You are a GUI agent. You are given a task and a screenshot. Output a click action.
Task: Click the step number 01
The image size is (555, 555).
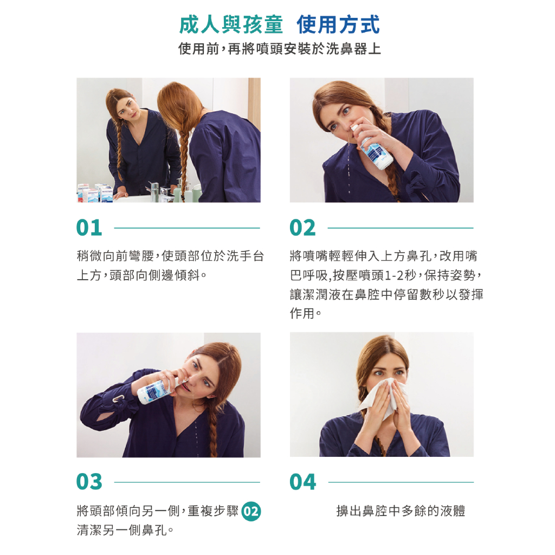(x=89, y=228)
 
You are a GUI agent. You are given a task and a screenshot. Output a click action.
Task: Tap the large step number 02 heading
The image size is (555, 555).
(x=302, y=228)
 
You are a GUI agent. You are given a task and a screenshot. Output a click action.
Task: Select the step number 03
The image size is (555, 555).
(x=89, y=482)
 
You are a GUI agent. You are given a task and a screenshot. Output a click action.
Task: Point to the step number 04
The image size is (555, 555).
(x=302, y=482)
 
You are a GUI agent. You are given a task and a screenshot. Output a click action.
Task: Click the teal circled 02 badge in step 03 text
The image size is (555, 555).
(x=251, y=512)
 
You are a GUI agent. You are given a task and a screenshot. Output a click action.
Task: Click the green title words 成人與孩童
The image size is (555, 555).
(x=231, y=25)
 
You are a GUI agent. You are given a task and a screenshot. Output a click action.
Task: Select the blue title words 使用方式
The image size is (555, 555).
(x=338, y=25)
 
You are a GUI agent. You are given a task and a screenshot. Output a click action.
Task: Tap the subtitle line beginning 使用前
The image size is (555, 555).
(x=280, y=49)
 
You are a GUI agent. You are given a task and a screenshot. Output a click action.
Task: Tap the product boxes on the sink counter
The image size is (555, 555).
(x=95, y=193)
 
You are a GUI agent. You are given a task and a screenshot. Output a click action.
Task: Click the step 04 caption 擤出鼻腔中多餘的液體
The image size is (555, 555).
(x=401, y=511)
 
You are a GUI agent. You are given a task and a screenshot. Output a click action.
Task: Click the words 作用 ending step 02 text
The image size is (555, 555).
(x=302, y=313)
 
